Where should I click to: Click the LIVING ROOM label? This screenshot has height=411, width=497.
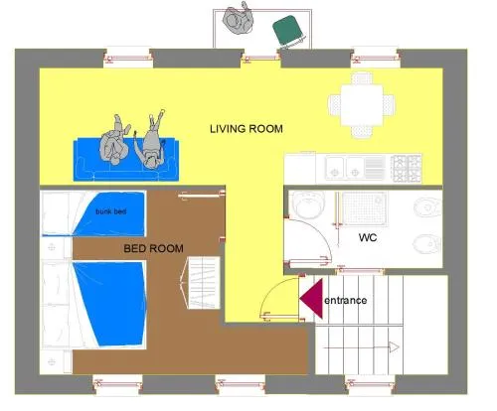[x=247, y=128]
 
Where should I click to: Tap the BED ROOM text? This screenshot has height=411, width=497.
[x=153, y=248]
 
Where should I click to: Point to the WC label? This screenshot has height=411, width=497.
[x=368, y=237]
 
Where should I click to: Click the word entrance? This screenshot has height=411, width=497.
[x=346, y=301]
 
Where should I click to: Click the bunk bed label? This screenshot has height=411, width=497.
[x=111, y=211]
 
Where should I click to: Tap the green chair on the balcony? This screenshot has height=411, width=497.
[x=288, y=31]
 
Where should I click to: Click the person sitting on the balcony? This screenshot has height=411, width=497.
[x=239, y=19]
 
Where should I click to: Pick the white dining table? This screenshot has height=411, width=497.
[x=362, y=105]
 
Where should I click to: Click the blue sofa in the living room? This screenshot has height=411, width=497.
[x=126, y=161]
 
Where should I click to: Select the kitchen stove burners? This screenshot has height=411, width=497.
[x=407, y=169]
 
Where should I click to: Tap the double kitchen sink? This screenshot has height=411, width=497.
[x=345, y=168]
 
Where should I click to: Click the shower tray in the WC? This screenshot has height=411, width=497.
[x=364, y=208]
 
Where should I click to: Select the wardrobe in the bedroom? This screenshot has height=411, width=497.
[x=201, y=283]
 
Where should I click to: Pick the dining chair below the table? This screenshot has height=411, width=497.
[x=362, y=132]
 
